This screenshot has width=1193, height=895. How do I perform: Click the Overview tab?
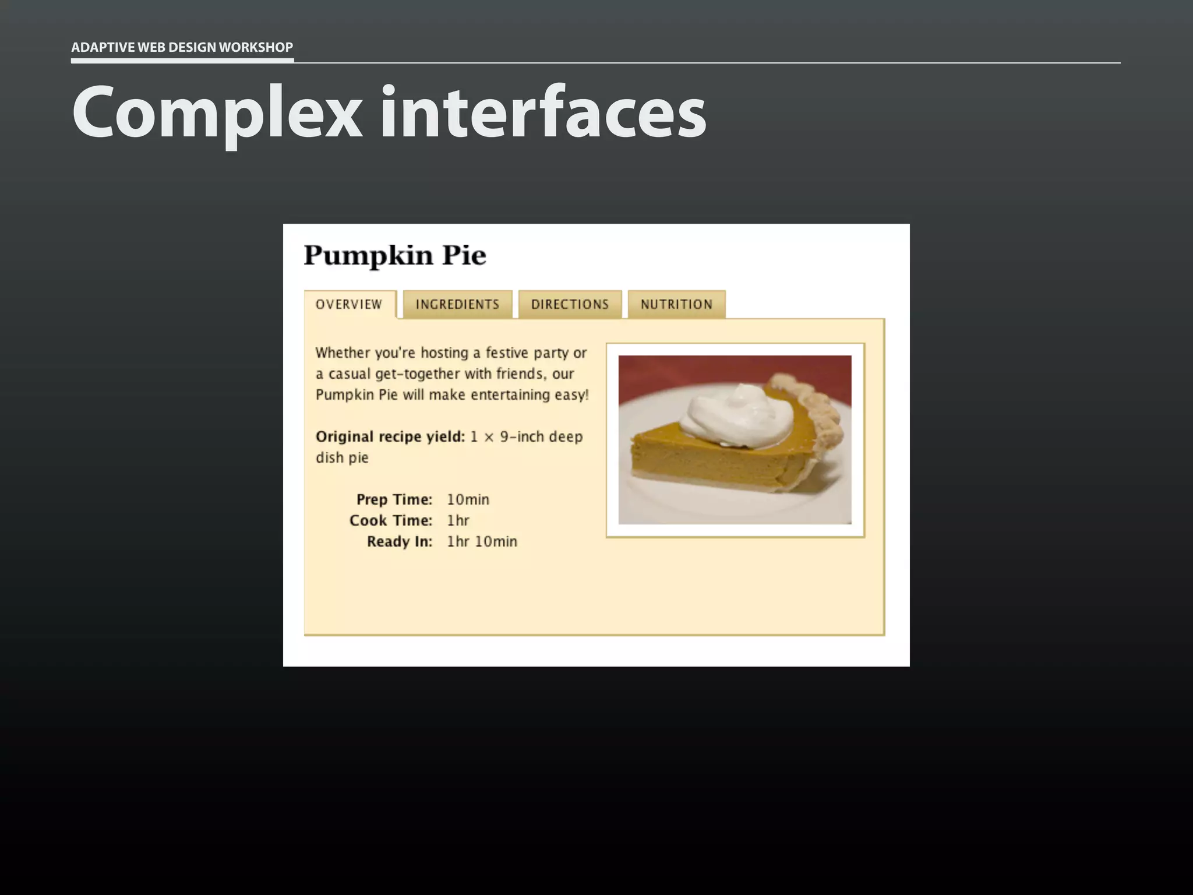349,304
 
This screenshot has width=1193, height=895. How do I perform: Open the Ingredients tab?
457,304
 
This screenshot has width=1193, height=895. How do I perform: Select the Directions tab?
570,304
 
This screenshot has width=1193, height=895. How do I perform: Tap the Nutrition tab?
676,304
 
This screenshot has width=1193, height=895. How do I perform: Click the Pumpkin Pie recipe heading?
395,255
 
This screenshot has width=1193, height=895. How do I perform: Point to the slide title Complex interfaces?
389,112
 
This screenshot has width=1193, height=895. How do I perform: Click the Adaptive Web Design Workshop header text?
182,47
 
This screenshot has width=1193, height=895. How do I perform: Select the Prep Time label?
394,499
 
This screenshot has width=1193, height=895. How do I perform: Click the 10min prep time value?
468,499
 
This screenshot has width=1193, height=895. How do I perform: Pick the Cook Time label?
390,520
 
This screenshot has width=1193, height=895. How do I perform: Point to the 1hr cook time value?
458,520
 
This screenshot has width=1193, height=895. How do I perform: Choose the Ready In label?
399,541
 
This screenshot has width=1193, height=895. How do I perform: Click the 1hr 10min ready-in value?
482,541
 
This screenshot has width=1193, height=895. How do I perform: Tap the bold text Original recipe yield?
390,436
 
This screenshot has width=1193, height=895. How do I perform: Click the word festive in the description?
507,353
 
